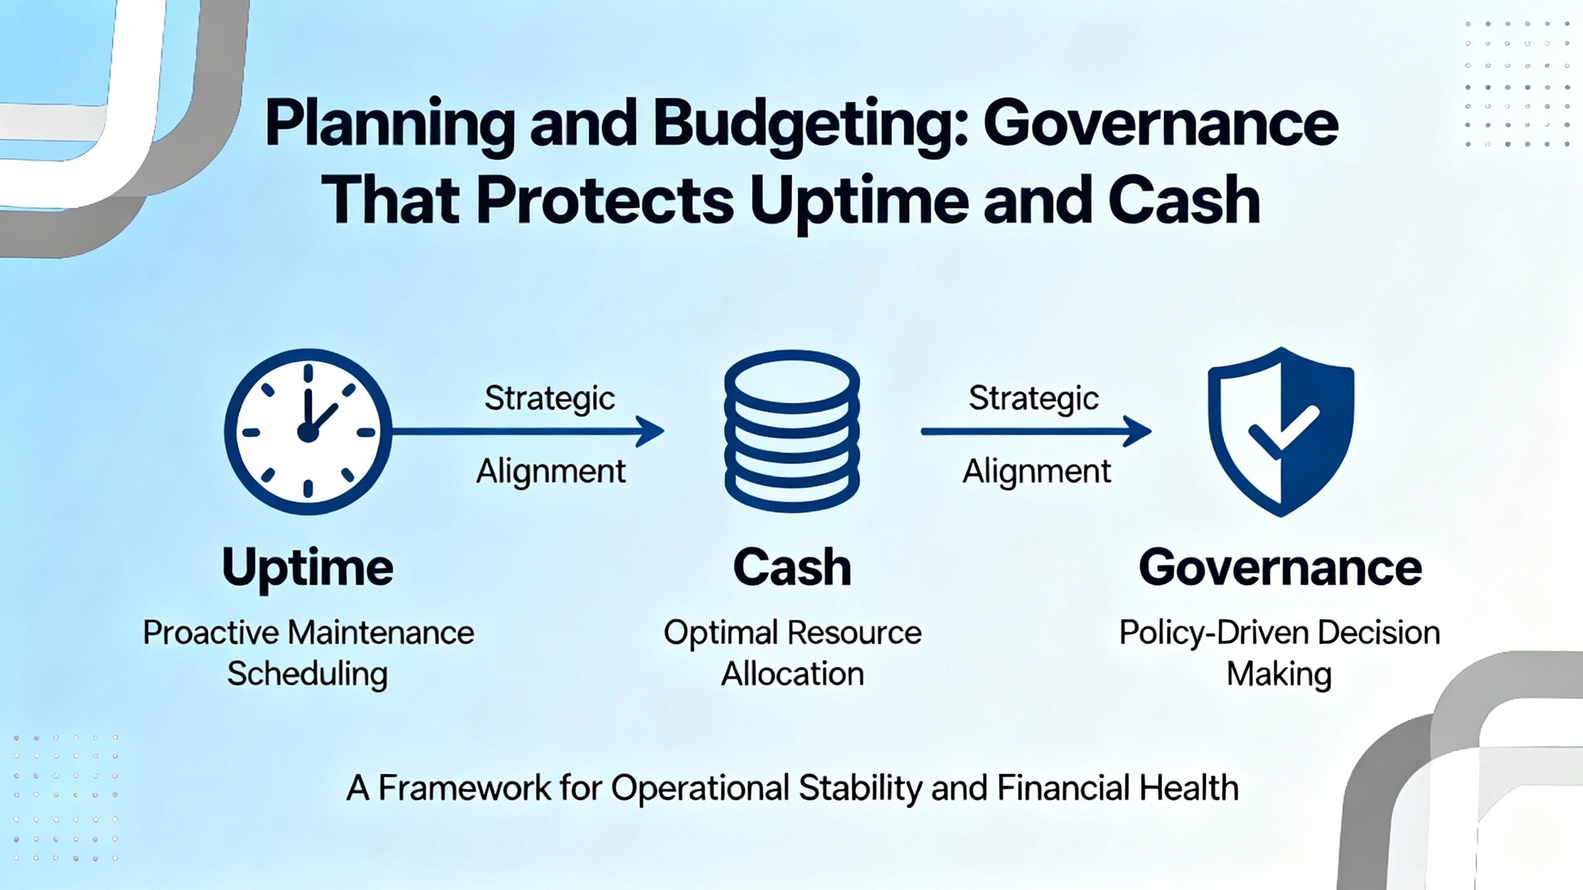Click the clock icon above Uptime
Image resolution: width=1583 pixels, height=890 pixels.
308,432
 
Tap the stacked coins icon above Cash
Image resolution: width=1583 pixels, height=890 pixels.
792,432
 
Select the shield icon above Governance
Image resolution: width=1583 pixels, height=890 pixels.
1281,432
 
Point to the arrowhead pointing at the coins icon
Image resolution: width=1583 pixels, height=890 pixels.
651,431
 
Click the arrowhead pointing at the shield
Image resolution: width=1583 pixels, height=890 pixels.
1138,431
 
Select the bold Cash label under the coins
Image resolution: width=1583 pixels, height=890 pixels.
792,567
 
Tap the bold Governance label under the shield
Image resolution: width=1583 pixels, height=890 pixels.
1281,567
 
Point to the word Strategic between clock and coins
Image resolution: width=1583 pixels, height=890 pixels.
550,399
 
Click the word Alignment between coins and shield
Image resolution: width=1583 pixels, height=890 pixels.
1037,472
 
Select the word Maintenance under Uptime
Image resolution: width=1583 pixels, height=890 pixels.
381,633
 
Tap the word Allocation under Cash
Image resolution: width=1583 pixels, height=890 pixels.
793,674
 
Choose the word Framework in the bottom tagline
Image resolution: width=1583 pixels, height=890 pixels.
464,788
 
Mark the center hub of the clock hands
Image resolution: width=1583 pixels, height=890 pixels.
308,433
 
